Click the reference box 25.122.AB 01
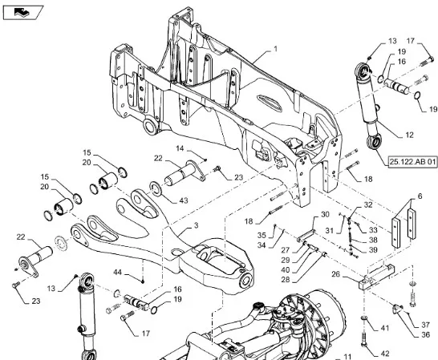(413, 162)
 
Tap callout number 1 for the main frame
(275, 49)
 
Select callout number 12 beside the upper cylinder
(409, 136)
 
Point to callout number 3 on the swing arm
(196, 225)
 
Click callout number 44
(118, 272)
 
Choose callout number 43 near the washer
(183, 200)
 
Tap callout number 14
(180, 148)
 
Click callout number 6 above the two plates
(420, 196)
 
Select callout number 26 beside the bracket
(336, 274)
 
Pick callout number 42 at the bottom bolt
(385, 354)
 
